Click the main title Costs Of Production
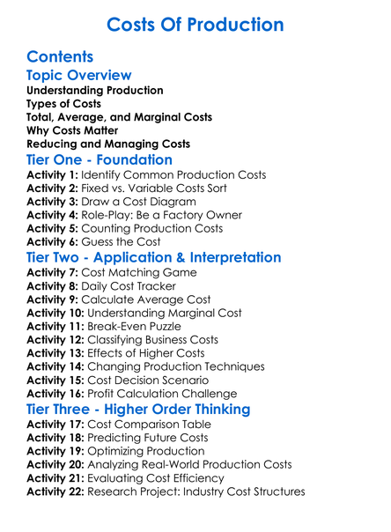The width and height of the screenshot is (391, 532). (x=195, y=24)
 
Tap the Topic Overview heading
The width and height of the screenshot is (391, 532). (x=79, y=76)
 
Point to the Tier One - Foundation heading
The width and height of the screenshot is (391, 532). (x=100, y=159)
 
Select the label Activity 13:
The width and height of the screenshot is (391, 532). (x=61, y=354)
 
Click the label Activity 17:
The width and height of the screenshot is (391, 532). (x=61, y=425)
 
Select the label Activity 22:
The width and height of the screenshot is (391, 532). (x=61, y=491)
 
